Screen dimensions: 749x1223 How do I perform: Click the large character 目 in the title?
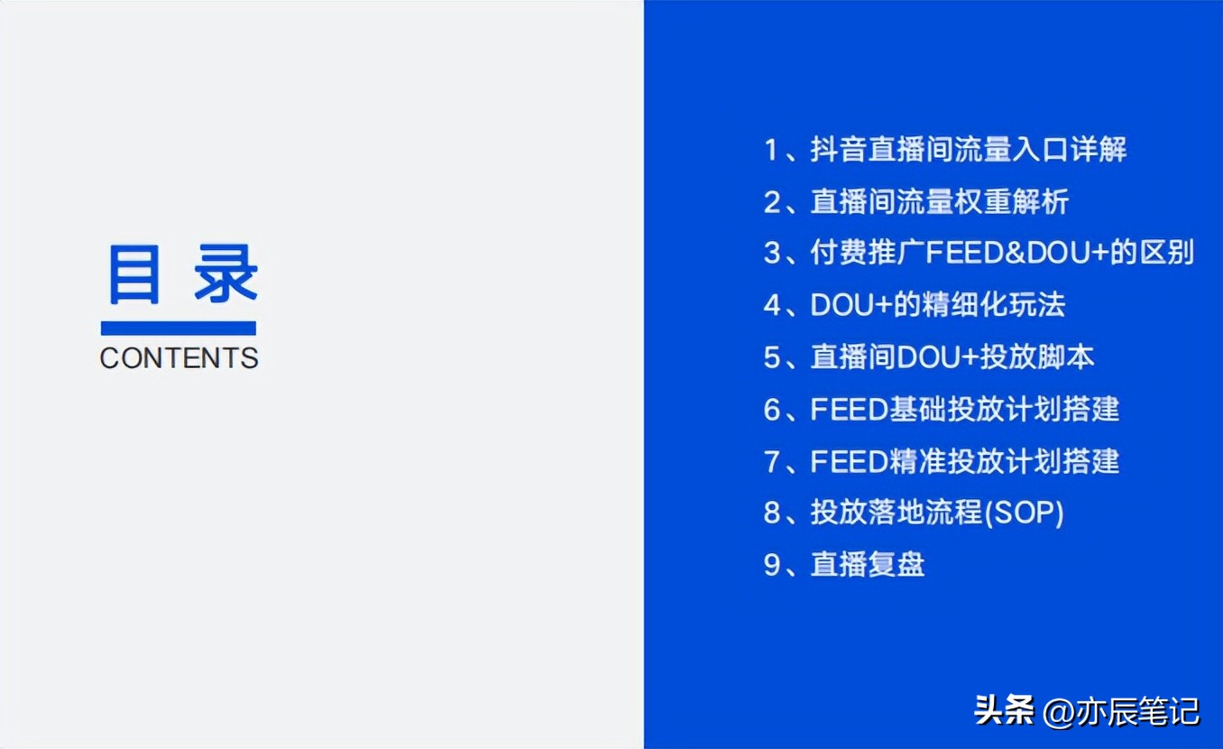pos(134,274)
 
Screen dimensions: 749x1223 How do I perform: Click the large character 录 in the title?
pos(226,274)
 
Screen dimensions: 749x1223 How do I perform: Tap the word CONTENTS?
pos(179,358)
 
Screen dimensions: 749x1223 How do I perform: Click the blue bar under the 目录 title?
pos(179,328)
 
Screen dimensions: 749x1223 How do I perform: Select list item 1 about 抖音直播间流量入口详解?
pos(945,149)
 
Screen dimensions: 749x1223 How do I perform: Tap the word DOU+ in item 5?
pos(938,357)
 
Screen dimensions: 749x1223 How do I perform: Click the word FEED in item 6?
pos(851,410)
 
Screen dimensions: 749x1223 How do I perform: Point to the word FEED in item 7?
pos(851,462)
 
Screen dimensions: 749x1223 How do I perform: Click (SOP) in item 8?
pos(1024,513)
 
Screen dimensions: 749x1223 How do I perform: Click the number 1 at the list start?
pos(771,149)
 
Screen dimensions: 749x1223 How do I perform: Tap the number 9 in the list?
pos(772,566)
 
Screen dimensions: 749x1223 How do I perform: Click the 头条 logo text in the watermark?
pos(1004,711)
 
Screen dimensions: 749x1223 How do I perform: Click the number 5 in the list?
pos(772,357)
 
